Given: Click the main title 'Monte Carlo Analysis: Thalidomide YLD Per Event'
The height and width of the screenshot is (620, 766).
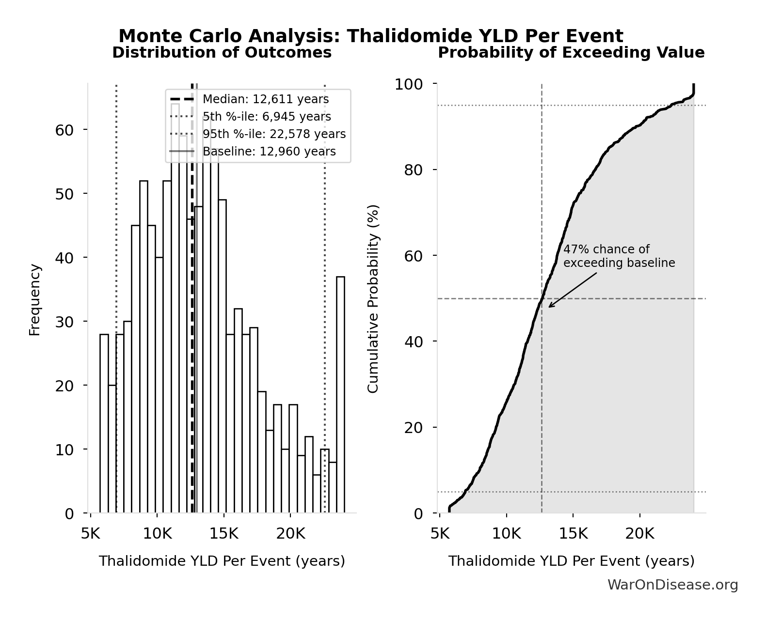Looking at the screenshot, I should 371,36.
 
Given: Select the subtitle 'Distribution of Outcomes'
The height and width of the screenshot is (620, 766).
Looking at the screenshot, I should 222,53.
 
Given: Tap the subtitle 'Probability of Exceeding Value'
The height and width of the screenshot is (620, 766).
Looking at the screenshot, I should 571,53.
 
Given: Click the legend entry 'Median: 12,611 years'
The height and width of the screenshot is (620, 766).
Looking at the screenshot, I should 265,99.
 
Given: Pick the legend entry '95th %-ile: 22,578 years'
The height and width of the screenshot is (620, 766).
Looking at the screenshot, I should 274,134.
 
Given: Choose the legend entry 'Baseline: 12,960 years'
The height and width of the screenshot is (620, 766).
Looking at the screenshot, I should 269,152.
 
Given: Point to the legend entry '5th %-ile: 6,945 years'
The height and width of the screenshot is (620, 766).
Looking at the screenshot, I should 267,117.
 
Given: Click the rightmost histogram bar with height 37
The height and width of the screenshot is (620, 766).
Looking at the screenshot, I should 340,395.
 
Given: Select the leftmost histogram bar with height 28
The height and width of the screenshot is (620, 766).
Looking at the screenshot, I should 104,423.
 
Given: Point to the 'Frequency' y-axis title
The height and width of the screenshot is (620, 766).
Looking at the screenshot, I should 35,299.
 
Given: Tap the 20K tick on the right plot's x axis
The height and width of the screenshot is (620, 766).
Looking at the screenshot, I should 639,534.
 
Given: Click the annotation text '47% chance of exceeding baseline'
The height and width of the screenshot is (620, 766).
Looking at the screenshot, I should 619,256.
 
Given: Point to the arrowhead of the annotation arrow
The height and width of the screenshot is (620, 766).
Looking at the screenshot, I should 550,307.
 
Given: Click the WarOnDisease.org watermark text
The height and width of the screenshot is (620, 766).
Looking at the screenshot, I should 672,585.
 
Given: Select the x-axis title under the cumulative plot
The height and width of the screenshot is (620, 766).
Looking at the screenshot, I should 571,561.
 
